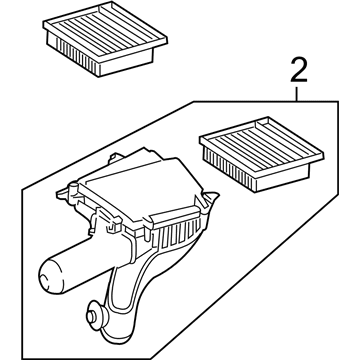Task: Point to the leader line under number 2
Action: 296,94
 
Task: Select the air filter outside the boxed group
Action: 105,39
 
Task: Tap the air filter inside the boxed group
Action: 261,154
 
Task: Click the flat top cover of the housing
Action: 140,187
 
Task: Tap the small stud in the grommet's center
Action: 90,315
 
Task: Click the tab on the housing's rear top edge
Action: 115,158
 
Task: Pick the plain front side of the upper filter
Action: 127,62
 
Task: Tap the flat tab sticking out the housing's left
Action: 63,194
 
